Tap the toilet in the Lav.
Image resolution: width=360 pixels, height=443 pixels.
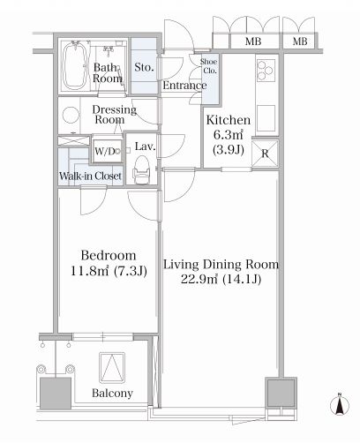pyautogui.click(x=141, y=170)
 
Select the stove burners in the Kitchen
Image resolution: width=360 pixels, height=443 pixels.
pyautogui.click(x=266, y=71)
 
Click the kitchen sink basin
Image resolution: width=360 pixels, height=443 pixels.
pyautogui.click(x=266, y=118)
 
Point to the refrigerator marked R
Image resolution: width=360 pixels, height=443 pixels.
pyautogui.click(x=265, y=154)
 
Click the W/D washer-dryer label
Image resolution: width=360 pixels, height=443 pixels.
pyautogui.click(x=104, y=151)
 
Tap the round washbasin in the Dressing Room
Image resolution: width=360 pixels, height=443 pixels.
pyautogui.click(x=71, y=116)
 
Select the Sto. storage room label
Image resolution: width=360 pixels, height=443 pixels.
pyautogui.click(x=144, y=67)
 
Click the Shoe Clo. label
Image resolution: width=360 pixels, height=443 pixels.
pyautogui.click(x=209, y=66)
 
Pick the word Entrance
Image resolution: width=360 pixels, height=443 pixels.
pyautogui.click(x=184, y=86)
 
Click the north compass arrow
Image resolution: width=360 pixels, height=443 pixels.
pyautogui.click(x=340, y=405)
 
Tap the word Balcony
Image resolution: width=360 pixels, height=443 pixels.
pyautogui.click(x=112, y=394)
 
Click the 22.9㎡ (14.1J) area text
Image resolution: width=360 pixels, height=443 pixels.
pyautogui.click(x=221, y=279)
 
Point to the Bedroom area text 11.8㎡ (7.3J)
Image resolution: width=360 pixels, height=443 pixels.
pyautogui.click(x=109, y=271)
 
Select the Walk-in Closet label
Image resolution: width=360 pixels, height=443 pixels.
pyautogui.click(x=90, y=176)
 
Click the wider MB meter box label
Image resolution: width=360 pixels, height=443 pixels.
pyautogui.click(x=253, y=41)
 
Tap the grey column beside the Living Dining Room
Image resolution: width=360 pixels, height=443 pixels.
pyautogui.click(x=281, y=393)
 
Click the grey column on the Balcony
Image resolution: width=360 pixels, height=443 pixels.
pyautogui.click(x=56, y=394)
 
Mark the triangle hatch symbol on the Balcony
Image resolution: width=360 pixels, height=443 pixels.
pyautogui.click(x=112, y=368)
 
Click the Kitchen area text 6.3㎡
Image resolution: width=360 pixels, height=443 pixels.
pyautogui.click(x=229, y=135)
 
